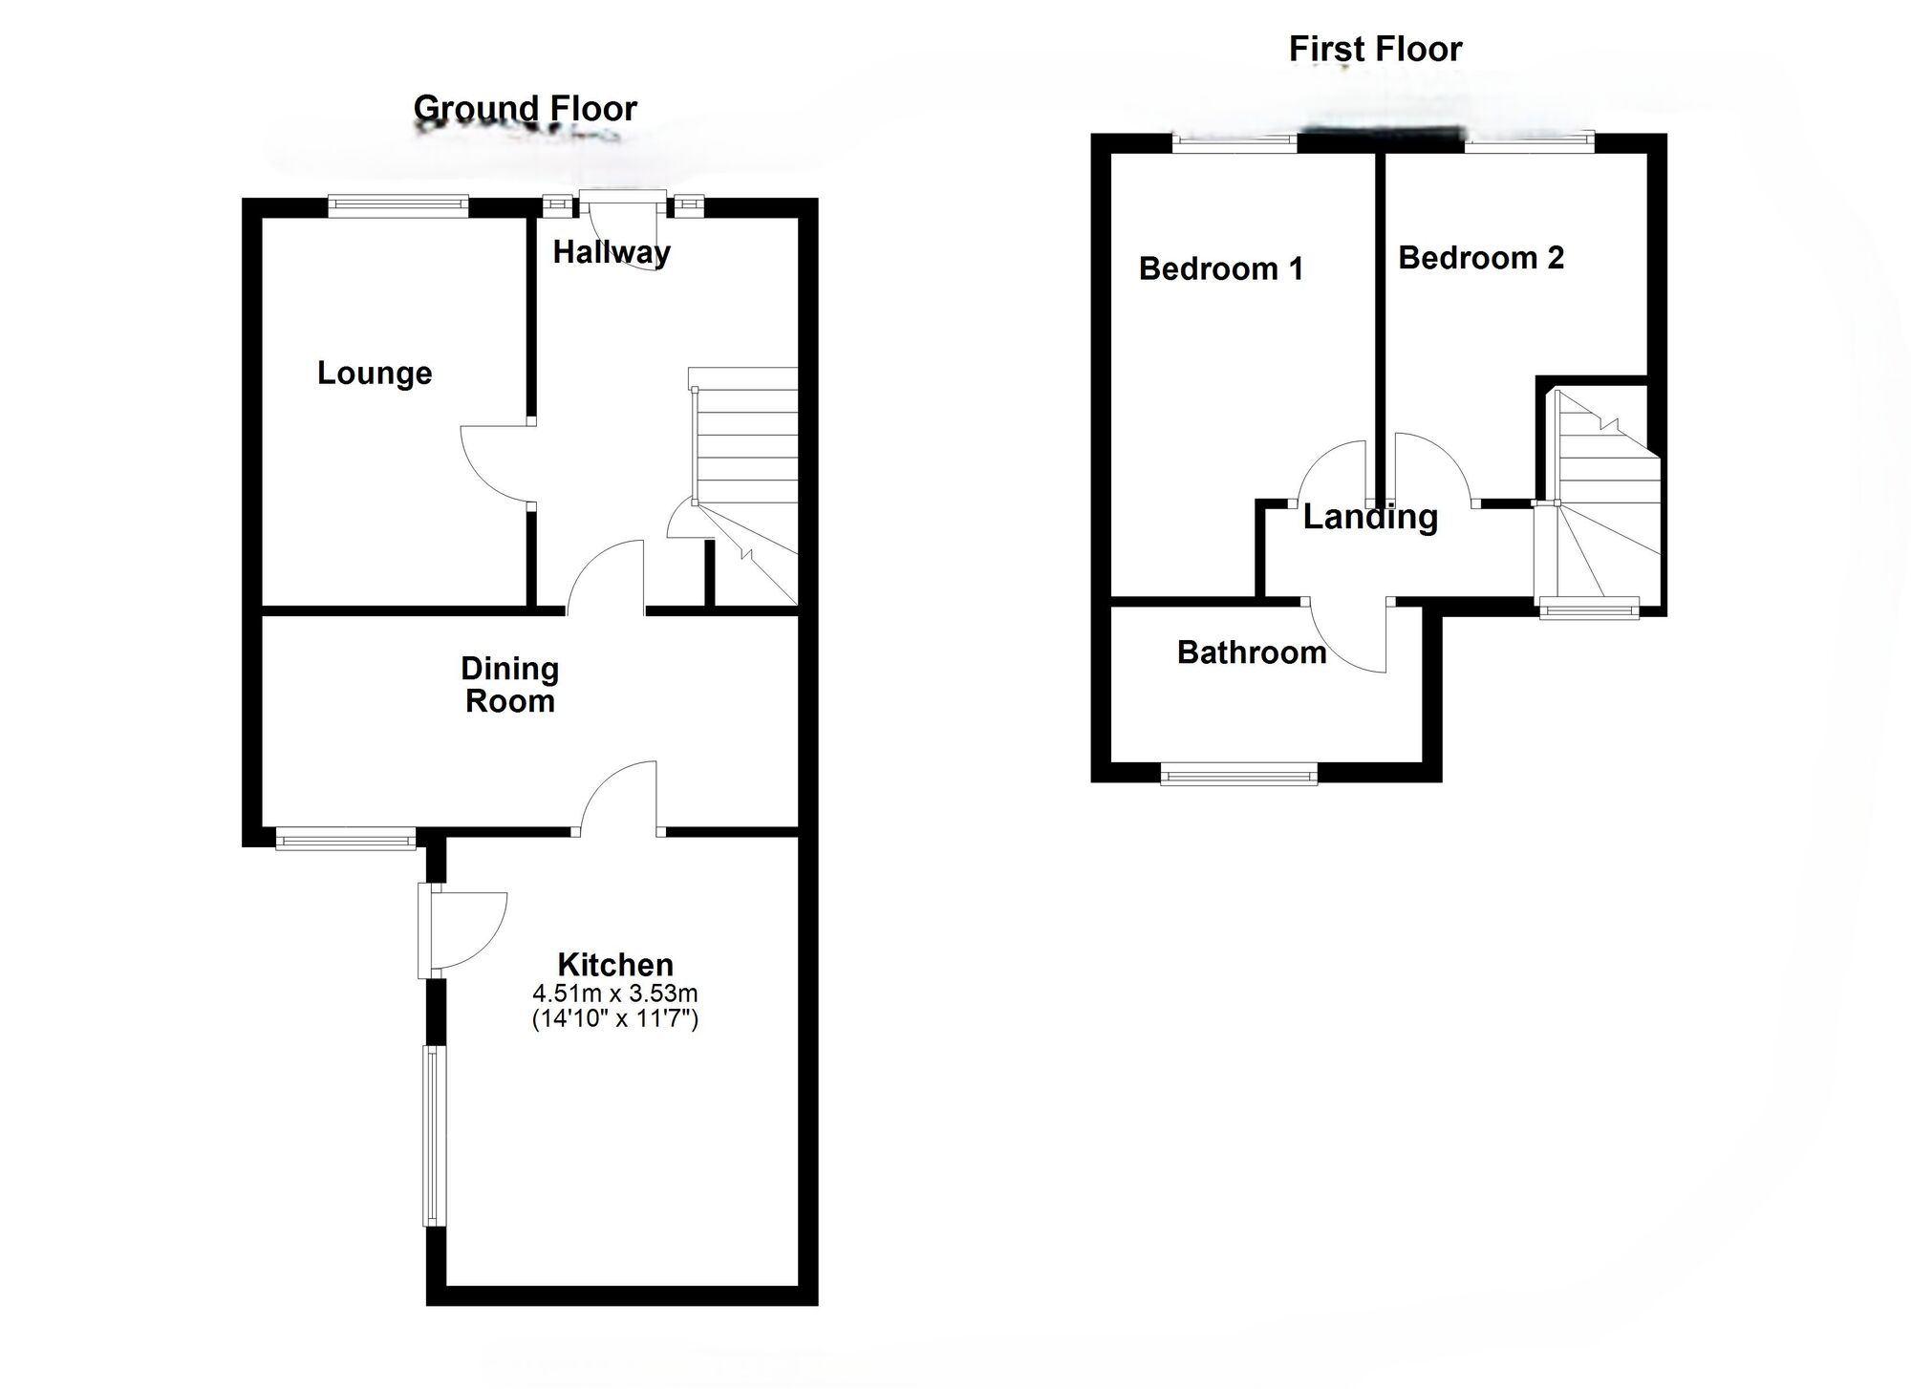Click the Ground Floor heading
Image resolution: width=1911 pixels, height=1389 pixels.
525,109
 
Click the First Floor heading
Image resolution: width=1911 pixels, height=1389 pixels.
1375,49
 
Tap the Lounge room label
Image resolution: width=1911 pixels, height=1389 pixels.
375,373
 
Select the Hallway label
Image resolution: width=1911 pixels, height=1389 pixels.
612,252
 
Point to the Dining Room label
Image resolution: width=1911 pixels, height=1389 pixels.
509,685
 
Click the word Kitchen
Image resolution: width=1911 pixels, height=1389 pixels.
615,964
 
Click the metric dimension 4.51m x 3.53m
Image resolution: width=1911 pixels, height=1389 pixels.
615,994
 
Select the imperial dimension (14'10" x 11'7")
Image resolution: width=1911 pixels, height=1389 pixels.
615,1018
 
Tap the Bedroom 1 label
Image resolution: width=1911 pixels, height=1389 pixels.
1220,268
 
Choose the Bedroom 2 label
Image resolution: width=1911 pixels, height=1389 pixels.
1480,258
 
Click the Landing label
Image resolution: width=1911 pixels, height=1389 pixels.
1370,517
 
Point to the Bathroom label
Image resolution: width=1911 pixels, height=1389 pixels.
1251,652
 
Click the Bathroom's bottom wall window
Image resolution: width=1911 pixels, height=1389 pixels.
1238,774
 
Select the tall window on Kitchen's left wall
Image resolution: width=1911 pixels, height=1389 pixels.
434,1136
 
